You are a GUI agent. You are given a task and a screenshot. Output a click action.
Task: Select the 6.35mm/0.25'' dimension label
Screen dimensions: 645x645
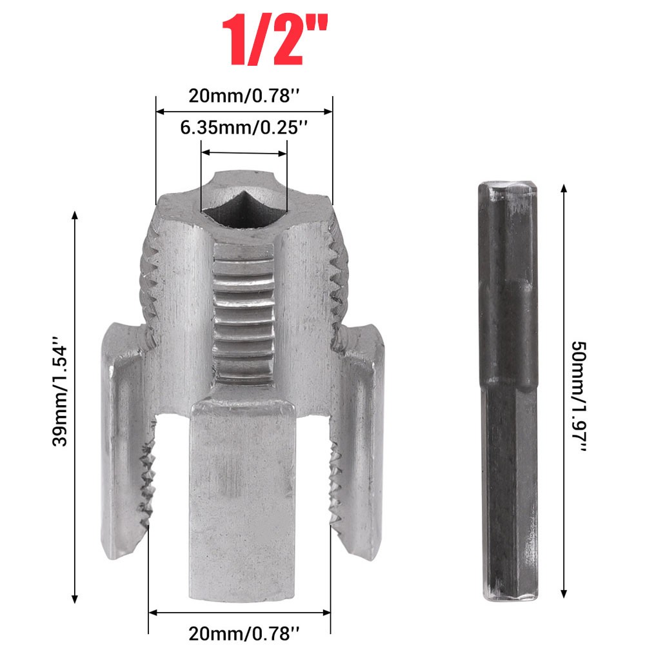point(243,128)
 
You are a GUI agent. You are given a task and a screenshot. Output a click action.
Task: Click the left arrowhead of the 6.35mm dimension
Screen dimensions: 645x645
point(205,154)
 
